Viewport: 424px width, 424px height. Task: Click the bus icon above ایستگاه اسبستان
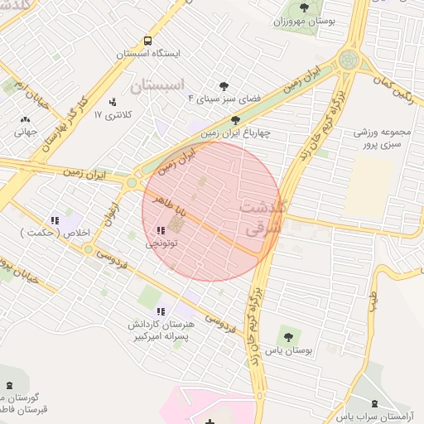[147, 41]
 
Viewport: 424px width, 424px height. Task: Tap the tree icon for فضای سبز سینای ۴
[224, 86]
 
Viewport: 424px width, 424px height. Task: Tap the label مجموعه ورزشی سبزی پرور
[383, 137]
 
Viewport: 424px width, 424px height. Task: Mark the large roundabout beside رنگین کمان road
[349, 60]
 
